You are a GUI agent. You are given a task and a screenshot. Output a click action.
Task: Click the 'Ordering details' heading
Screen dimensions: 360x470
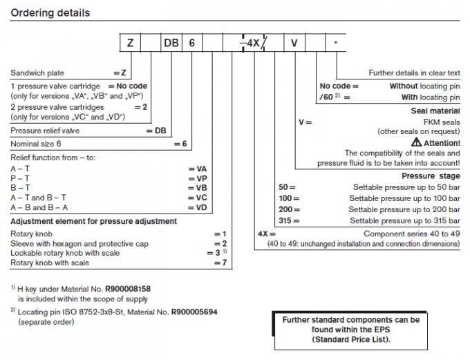[50, 13]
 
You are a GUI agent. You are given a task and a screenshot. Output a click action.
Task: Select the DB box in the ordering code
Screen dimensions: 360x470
[171, 44]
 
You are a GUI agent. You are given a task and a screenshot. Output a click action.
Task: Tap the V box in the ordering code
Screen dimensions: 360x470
[294, 44]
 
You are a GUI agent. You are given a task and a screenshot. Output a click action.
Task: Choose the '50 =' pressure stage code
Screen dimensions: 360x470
[287, 187]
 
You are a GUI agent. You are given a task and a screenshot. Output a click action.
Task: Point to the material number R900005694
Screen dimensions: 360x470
[195, 312]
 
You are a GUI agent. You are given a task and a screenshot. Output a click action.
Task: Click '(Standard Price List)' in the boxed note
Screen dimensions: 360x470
[351, 339]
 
